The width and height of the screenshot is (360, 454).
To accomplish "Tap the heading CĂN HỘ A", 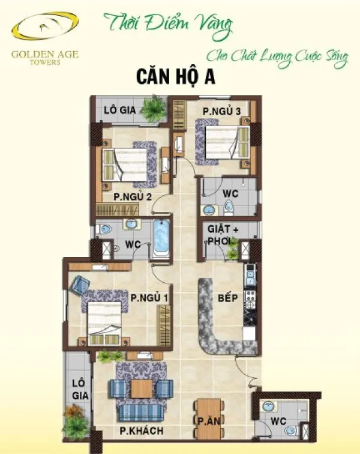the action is [176, 77].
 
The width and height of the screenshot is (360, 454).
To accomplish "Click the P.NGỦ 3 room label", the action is [221, 111].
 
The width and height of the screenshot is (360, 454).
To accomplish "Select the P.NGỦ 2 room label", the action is [132, 197].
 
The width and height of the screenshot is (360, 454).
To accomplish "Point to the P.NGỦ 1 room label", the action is [149, 298].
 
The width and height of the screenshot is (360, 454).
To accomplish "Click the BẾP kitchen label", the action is [228, 298].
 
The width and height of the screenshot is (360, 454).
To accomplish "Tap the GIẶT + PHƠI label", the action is [223, 235].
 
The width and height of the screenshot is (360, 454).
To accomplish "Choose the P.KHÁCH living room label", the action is [142, 431].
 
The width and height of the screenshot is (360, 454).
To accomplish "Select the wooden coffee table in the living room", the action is [142, 389].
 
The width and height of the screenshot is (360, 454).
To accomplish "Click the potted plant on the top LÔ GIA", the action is [155, 108].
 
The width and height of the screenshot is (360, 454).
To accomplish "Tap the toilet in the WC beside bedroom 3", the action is [229, 208].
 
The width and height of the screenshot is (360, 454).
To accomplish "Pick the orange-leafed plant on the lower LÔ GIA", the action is [74, 411].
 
